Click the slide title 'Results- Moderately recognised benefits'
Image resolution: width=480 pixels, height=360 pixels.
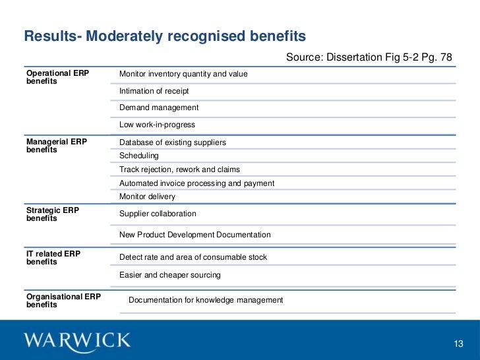pos(165,36)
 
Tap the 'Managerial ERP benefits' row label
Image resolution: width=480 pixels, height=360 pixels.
pos(56,146)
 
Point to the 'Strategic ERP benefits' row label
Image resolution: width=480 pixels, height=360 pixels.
pos(53,214)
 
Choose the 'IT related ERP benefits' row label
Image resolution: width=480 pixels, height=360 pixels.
pos(53,258)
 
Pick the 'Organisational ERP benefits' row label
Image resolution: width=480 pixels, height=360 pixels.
pos(63,301)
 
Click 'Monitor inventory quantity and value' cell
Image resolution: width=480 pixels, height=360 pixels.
pos(183,74)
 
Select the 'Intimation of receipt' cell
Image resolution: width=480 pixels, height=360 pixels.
pos(154,91)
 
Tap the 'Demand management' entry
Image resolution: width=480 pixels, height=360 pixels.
pos(159,107)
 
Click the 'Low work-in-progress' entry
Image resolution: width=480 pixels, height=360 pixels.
pos(157,125)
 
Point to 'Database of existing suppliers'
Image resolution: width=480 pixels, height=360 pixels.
pos(173,142)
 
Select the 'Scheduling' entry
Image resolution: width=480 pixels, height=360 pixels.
pos(139,156)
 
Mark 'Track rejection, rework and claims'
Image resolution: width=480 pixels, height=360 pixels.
pos(179,169)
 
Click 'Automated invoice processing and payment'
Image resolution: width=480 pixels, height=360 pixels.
pos(196,183)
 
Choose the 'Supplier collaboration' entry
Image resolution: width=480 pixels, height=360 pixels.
pos(158,214)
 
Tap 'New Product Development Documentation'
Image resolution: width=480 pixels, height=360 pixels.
pos(195,235)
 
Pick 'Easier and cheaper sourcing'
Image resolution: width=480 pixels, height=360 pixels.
pos(170,275)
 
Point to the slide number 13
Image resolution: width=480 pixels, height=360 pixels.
pos(460,344)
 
